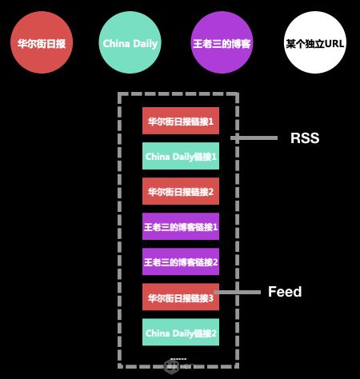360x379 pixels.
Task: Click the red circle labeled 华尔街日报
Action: [42, 42]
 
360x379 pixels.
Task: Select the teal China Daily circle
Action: [130, 42]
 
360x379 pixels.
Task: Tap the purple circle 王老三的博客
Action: [222, 42]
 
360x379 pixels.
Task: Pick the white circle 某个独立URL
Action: [315, 42]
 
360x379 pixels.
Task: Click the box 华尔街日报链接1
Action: [181, 121]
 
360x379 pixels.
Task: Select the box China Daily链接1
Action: [181, 156]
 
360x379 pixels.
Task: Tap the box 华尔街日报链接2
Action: [181, 191]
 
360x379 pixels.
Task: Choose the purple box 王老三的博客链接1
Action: [181, 226]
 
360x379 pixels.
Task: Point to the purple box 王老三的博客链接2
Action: [181, 261]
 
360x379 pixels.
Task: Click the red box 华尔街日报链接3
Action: [181, 297]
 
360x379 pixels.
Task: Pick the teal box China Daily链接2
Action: [181, 332]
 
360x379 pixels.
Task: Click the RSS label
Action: [305, 138]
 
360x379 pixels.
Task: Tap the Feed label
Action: [285, 292]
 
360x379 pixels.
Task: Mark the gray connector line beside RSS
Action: [254, 138]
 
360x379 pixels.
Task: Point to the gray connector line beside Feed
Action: [238, 293]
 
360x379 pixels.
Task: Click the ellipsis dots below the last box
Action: [178, 359]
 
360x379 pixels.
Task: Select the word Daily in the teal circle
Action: [146, 44]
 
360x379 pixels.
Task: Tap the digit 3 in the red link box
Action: [211, 298]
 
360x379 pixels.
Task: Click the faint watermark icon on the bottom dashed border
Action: [171, 366]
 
